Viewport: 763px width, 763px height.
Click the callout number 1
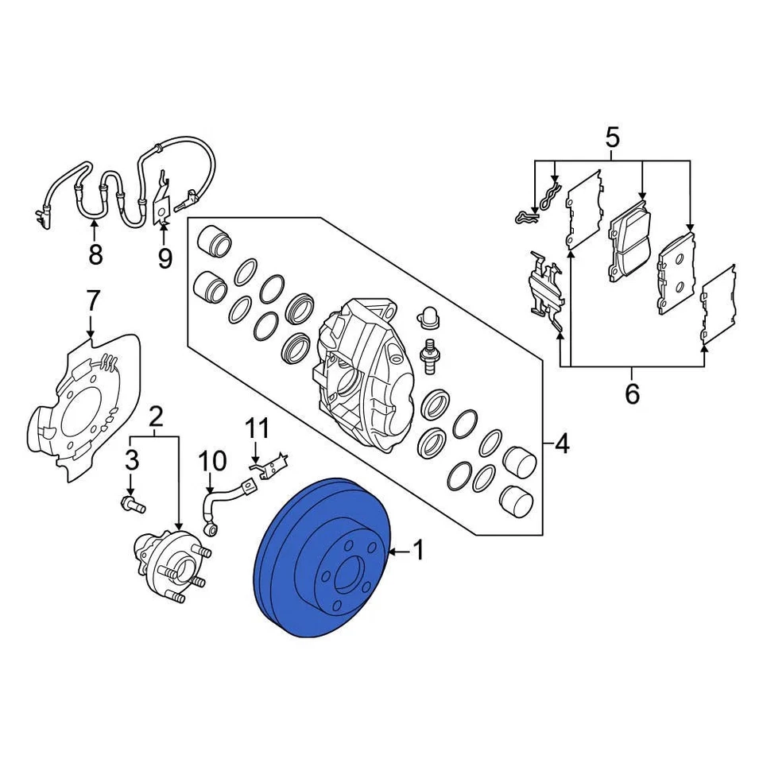(x=418, y=550)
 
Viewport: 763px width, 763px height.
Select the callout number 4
(x=561, y=443)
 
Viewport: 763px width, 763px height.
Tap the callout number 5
(x=611, y=137)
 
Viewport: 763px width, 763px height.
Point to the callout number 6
(x=632, y=392)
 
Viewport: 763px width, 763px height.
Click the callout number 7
(x=92, y=301)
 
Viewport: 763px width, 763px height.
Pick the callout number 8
(x=95, y=254)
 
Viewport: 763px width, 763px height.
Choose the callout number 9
(x=165, y=258)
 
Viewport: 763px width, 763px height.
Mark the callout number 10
(x=212, y=462)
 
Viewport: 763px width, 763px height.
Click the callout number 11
(x=256, y=430)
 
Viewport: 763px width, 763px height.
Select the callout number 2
(x=156, y=415)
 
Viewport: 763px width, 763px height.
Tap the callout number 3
(x=131, y=460)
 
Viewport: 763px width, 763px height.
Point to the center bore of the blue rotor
(x=351, y=574)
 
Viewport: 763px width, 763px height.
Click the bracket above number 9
(x=163, y=199)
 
